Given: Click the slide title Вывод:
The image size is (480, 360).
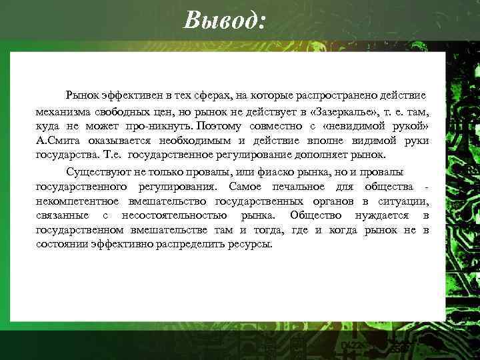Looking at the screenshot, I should tap(225, 21).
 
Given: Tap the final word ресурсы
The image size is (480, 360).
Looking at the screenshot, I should tap(249, 244).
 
